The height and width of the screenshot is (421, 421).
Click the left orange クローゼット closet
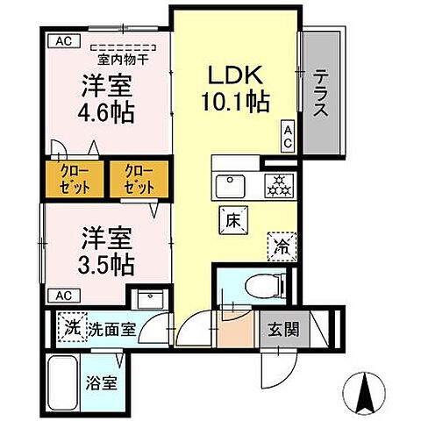pyautogui.click(x=74, y=179)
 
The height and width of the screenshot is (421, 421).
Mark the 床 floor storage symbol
pyautogui.click(x=232, y=221)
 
